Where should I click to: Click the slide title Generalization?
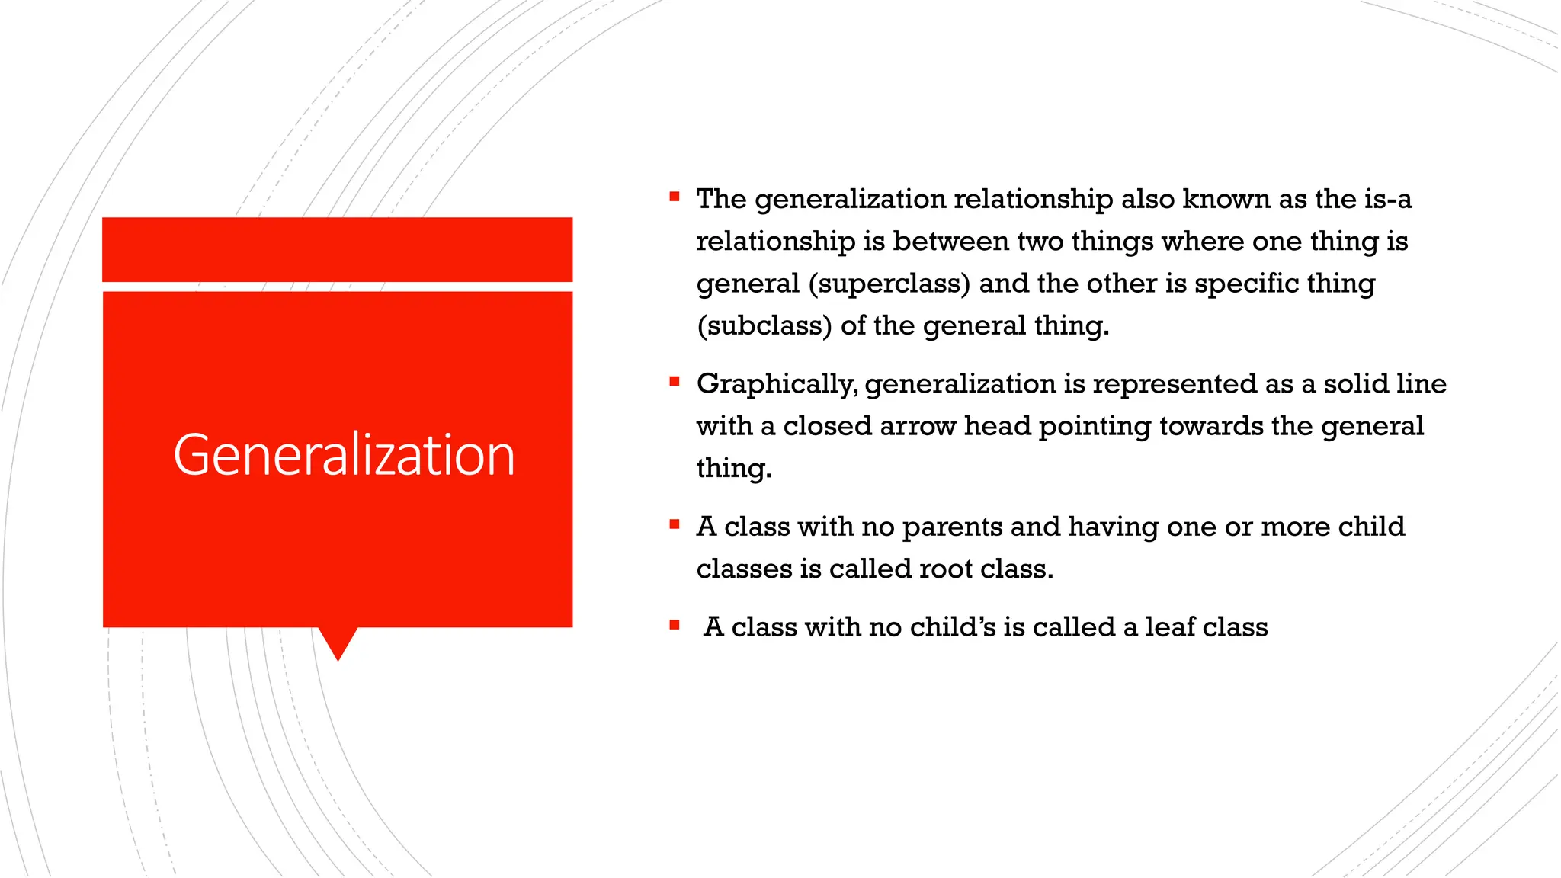[344, 455]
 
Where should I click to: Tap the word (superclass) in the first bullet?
[889, 284]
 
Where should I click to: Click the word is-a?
[1387, 200]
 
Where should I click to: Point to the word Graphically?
[777, 384]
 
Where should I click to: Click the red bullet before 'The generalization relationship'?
[675, 197]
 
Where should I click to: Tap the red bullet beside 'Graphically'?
[675, 381]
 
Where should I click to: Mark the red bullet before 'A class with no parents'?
[675, 524]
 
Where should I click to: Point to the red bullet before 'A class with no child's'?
[675, 625]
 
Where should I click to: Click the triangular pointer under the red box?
[338, 641]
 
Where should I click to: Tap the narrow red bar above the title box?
[337, 249]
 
